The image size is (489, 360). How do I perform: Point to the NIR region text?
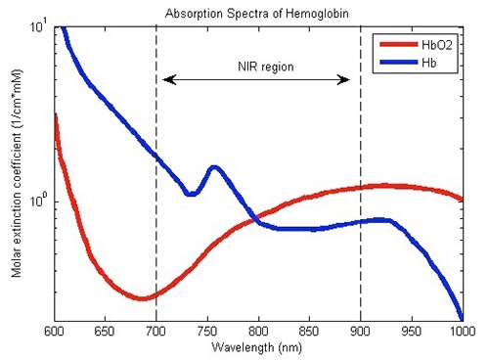click(x=256, y=67)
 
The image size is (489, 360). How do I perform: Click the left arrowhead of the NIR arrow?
click(x=167, y=79)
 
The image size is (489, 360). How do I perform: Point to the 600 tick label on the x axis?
click(x=55, y=333)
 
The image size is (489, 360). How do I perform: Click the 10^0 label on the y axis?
click(x=39, y=201)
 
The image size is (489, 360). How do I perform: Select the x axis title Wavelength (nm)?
click(x=258, y=347)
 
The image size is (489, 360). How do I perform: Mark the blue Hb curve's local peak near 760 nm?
click(x=214, y=167)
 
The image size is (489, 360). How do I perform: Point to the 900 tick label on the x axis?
click(x=361, y=333)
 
